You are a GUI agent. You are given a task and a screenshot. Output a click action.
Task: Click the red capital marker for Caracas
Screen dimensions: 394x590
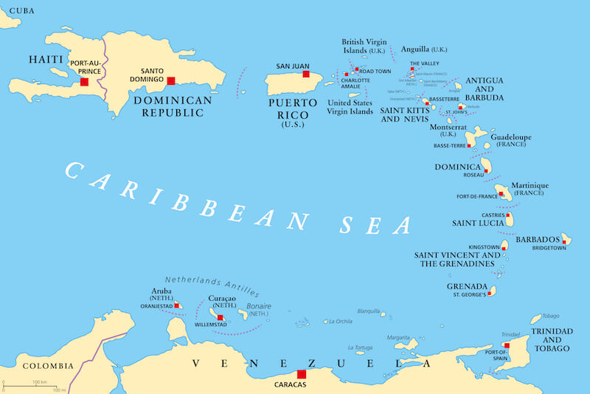(x=301, y=374)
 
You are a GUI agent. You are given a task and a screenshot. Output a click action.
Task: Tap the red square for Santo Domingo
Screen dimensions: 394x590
(x=171, y=81)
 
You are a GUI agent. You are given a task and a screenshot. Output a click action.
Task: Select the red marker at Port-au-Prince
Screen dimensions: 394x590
(x=85, y=82)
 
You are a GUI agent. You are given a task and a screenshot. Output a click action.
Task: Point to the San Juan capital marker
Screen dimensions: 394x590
(x=305, y=74)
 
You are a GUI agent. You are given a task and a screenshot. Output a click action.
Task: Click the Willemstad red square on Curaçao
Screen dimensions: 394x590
(x=220, y=318)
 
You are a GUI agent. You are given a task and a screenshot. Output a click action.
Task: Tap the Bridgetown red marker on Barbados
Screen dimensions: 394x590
(x=564, y=240)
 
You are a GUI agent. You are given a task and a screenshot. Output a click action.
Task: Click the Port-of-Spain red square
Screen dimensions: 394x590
(x=507, y=345)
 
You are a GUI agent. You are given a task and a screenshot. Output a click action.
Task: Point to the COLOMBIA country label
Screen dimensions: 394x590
(x=47, y=366)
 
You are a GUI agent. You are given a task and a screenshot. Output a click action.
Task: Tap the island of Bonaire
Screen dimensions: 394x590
(x=243, y=315)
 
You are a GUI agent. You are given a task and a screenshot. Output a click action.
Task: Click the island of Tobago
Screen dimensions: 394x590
(x=537, y=319)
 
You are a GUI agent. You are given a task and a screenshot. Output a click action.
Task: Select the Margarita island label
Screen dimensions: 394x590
(x=398, y=337)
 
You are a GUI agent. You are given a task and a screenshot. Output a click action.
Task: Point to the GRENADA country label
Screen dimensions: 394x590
(x=466, y=286)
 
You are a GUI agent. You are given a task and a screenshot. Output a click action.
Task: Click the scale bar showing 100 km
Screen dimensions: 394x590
(x=35, y=385)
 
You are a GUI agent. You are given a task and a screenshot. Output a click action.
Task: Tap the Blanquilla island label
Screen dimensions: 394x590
(x=368, y=311)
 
